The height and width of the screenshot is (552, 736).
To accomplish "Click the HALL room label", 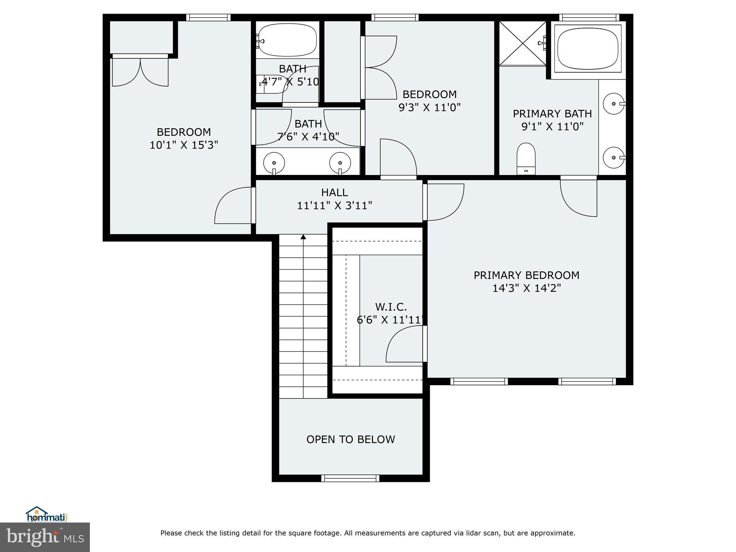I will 334,193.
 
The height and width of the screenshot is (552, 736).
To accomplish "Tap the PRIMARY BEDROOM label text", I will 526,275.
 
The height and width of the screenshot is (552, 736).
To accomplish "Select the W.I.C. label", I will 391,307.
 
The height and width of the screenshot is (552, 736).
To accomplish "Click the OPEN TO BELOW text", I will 350,439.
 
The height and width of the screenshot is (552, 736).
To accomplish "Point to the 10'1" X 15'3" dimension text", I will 184,145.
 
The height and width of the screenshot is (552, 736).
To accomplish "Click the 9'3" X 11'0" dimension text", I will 429,107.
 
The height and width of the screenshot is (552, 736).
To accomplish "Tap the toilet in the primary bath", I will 526,159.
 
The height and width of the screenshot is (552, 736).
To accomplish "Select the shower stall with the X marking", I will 522,43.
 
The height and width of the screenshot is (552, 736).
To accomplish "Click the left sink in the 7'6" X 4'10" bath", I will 274,162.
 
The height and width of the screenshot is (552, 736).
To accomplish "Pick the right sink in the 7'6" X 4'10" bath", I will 340,162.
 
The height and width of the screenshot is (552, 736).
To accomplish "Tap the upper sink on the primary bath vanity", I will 614,103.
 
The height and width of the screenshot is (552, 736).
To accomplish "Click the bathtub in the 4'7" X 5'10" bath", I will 287,40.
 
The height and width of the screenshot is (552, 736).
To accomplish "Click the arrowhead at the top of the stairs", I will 303,237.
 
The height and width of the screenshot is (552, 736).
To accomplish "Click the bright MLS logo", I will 45,537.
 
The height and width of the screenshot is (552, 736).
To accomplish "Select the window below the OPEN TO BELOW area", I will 350,478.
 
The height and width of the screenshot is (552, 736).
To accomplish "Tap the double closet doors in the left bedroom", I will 140,72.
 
